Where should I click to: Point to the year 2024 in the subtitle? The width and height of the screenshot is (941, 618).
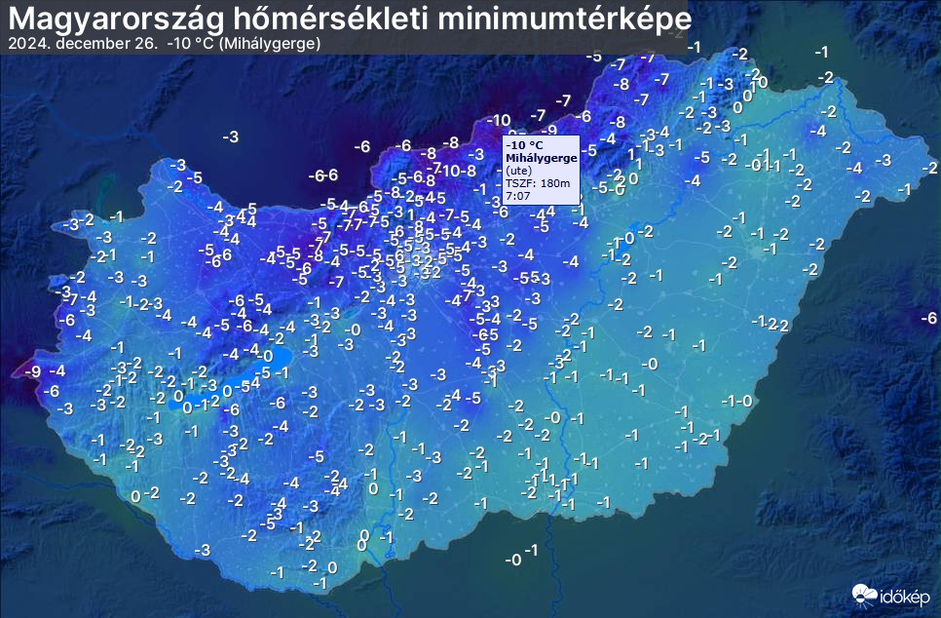tap(24, 44)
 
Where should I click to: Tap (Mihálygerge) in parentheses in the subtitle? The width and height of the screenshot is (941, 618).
tap(270, 44)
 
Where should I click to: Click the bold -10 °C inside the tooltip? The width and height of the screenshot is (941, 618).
tap(525, 145)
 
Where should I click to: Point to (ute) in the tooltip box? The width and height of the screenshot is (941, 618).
tap(517, 171)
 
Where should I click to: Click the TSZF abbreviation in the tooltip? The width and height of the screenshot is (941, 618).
tap(516, 183)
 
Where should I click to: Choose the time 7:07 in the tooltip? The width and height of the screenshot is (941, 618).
tap(518, 196)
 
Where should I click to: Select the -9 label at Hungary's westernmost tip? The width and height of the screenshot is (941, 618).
tap(32, 371)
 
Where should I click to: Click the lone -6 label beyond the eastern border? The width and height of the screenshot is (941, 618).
tap(929, 318)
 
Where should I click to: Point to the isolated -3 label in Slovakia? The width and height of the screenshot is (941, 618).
tap(230, 136)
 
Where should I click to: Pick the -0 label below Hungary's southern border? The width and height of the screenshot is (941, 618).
tap(512, 560)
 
